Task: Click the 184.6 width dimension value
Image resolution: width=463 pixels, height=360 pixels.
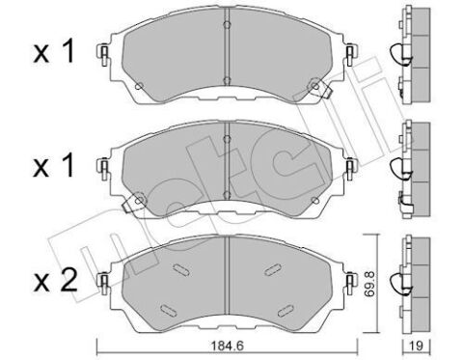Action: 228,346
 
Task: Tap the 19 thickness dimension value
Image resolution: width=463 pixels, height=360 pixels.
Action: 417,346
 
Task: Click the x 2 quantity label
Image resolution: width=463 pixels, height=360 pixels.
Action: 55,280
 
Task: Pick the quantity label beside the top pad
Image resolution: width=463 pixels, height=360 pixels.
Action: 54,51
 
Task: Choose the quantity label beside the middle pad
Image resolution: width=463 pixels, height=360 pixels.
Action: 54,166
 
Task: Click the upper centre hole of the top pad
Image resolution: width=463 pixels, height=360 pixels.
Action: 227,25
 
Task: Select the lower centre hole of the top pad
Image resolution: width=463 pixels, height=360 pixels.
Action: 227,80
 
